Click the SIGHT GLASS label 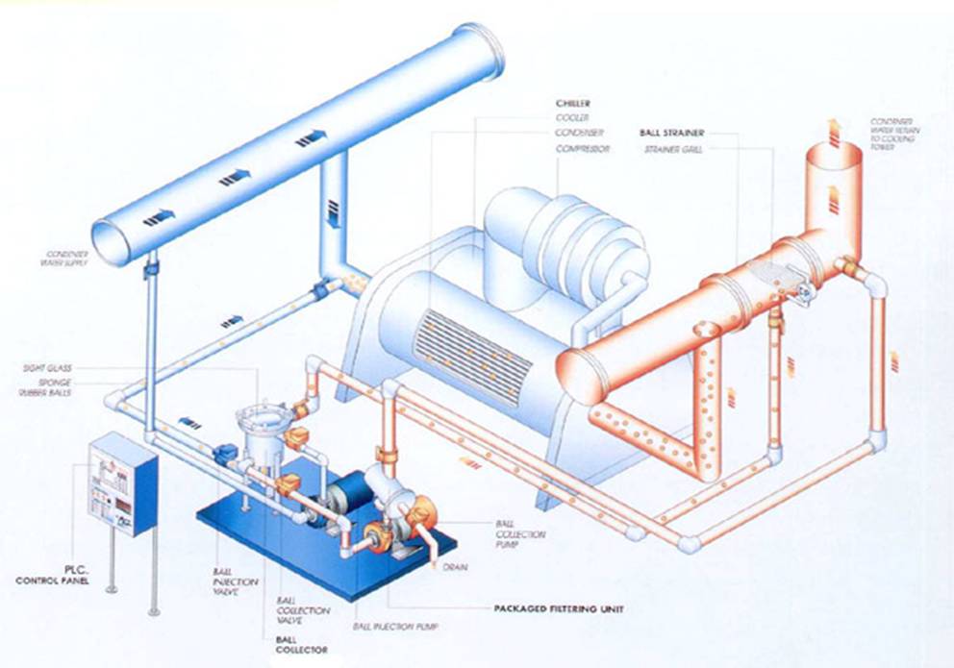coord(50,367)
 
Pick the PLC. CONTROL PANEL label coord(48,575)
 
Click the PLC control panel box coord(121,483)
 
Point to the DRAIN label coord(455,568)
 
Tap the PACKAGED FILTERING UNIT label coord(548,608)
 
